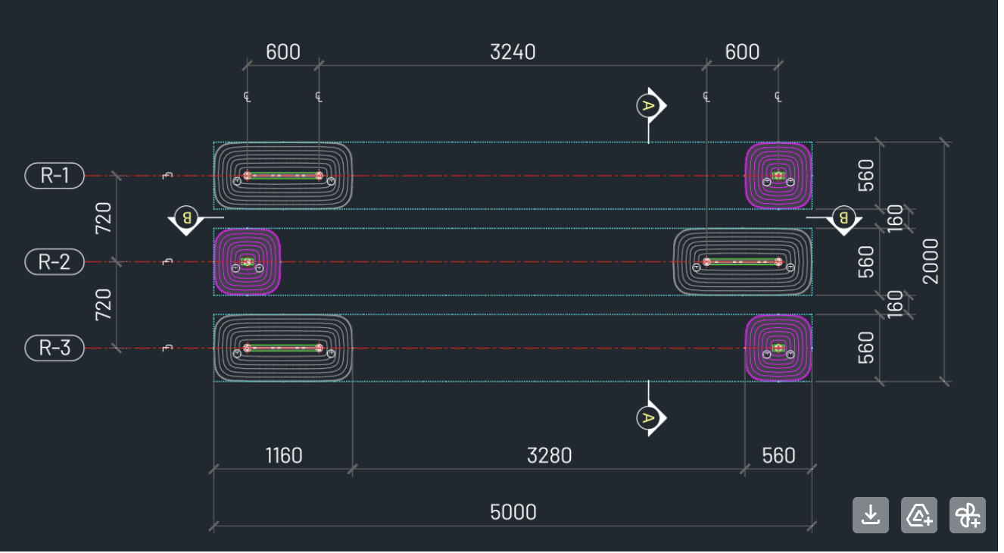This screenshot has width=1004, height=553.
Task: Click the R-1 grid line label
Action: click(x=55, y=176)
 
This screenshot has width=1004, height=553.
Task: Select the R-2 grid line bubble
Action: click(x=55, y=262)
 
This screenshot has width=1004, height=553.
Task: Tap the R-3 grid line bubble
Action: click(x=55, y=348)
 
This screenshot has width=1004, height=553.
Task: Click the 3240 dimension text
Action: click(x=513, y=52)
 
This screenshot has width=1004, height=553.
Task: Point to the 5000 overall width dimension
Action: click(x=513, y=512)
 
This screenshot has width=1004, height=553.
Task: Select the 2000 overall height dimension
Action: click(x=931, y=261)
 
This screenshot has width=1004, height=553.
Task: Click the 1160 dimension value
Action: click(x=283, y=455)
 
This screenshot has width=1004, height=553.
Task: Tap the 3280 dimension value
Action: click(x=549, y=455)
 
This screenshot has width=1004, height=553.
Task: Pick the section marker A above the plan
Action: click(x=647, y=105)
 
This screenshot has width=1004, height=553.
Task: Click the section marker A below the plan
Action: click(x=647, y=417)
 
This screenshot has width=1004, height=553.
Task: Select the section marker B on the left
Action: click(x=186, y=219)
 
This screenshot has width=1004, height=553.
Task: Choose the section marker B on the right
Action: click(x=842, y=219)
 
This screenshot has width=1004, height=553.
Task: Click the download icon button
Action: click(x=871, y=515)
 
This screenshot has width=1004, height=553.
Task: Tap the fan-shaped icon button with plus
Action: click(x=968, y=515)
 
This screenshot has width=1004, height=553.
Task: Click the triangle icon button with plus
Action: click(x=919, y=515)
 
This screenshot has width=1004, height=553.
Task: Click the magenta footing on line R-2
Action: click(x=247, y=262)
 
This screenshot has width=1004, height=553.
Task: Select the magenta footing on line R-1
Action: click(x=778, y=176)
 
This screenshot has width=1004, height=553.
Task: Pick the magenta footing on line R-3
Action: click(x=778, y=348)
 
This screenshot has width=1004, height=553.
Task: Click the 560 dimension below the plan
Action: click(x=778, y=455)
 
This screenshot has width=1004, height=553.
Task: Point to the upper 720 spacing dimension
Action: click(x=104, y=218)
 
